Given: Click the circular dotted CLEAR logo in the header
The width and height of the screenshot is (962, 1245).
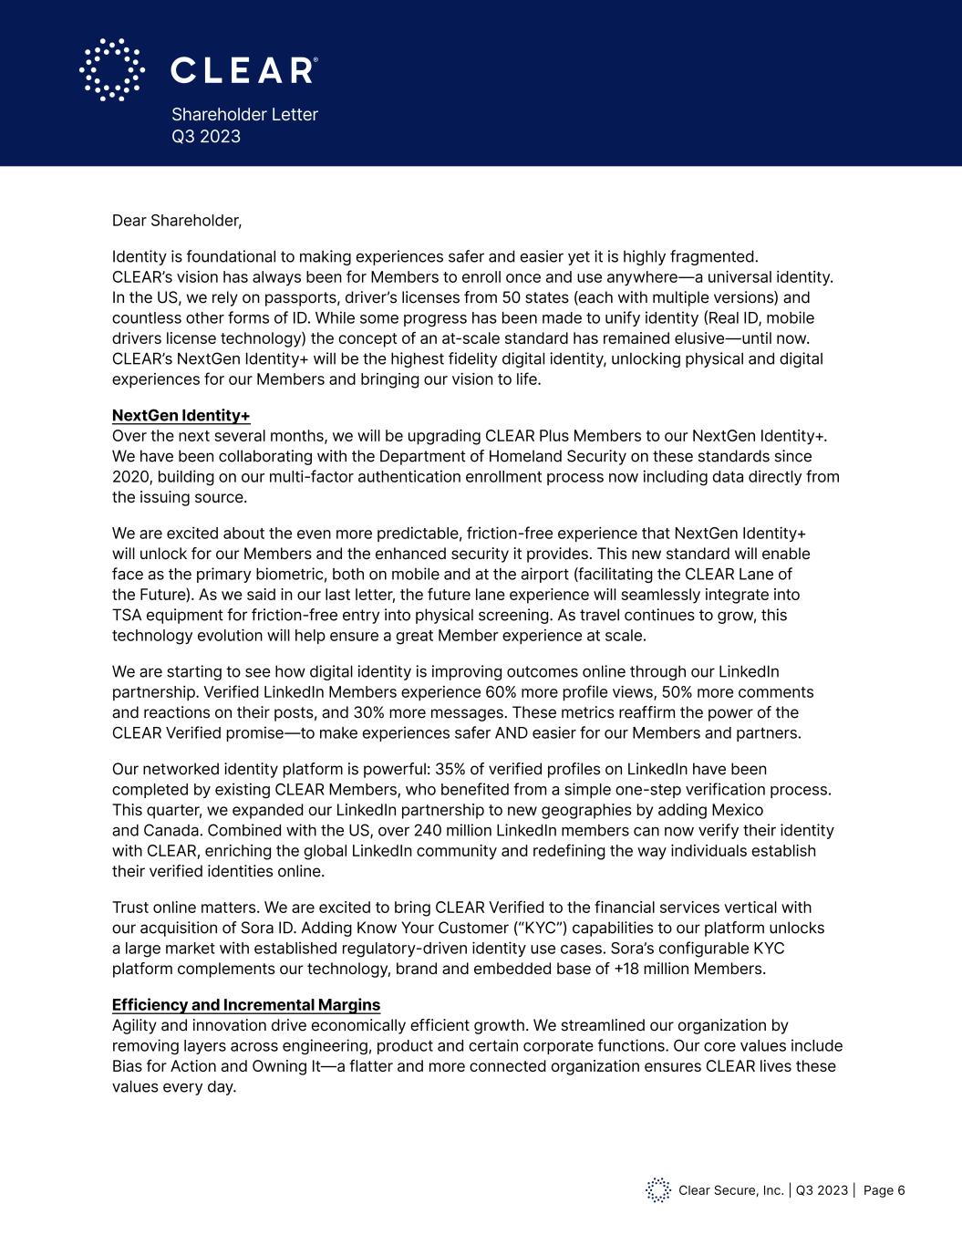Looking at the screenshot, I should click(112, 69).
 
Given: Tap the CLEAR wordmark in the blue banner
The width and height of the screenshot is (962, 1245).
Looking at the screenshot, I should click(243, 70).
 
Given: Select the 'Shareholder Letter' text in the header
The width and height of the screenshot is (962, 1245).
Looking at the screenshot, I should click(244, 115).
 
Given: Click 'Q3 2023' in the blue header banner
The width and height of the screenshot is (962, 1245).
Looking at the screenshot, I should click(206, 137).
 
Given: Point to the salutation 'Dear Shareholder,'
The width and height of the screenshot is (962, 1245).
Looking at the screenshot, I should click(177, 221).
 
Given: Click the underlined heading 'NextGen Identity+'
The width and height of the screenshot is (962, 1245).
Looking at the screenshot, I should click(181, 416).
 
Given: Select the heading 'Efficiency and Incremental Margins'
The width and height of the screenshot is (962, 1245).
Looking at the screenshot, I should click(246, 1005).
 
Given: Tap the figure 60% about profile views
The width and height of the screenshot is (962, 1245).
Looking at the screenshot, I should click(502, 692).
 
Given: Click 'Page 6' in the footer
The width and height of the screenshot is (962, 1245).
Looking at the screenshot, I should click(884, 1190).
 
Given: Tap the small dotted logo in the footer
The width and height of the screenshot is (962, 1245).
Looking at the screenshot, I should click(658, 1190).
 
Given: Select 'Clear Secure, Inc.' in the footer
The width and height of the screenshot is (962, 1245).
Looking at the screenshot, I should click(731, 1190).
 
